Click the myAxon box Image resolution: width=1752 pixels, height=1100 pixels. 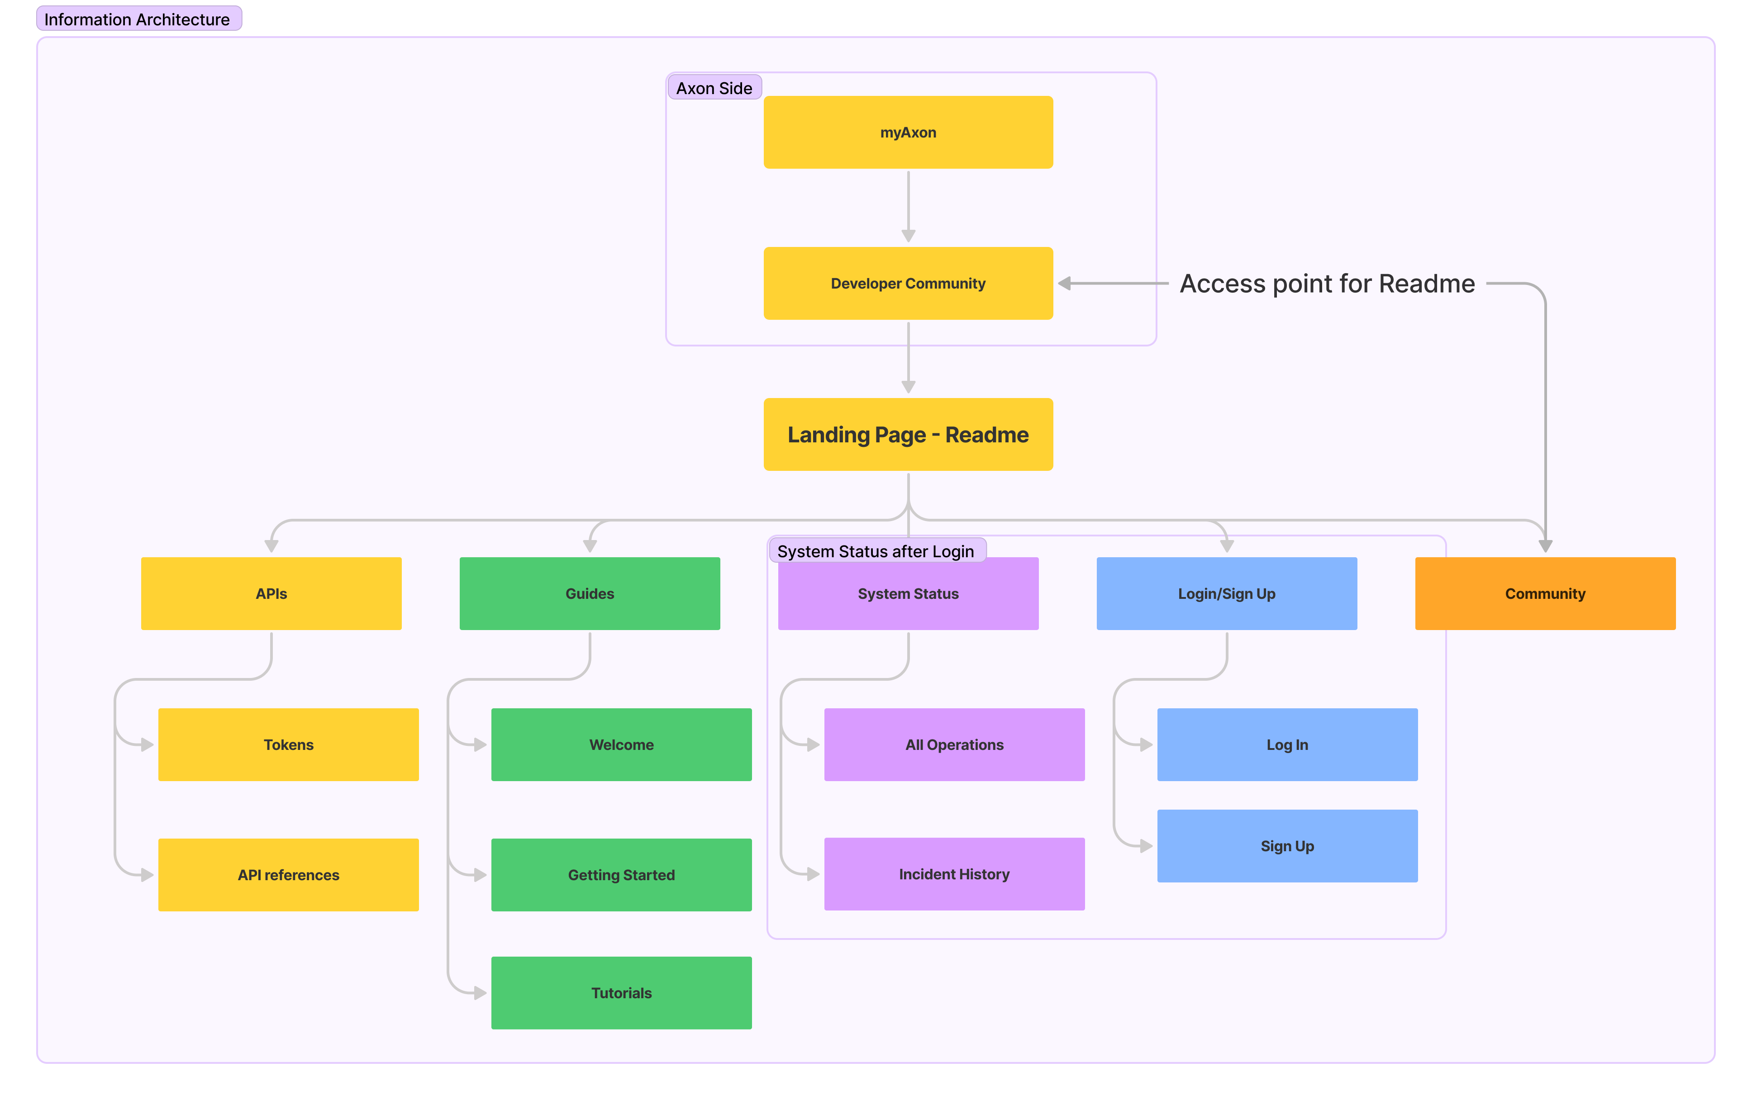[x=908, y=133]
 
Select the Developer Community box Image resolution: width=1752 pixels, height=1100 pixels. [x=908, y=283]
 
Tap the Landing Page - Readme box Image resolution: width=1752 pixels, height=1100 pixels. [x=908, y=434]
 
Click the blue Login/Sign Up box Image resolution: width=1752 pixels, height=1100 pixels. [x=1227, y=594]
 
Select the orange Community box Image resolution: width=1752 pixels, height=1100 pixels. [x=1545, y=594]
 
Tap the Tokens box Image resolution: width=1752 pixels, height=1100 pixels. [x=288, y=744]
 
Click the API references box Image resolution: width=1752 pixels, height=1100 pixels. [x=288, y=874]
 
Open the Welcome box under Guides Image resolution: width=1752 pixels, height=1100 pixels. [x=621, y=744]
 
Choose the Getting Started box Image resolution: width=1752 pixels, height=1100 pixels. [x=621, y=874]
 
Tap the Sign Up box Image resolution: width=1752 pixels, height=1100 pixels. [x=1287, y=845]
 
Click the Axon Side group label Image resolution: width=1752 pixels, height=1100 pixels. [x=714, y=88]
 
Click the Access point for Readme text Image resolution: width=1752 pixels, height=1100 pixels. [x=1327, y=283]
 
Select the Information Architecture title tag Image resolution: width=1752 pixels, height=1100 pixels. [x=138, y=19]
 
